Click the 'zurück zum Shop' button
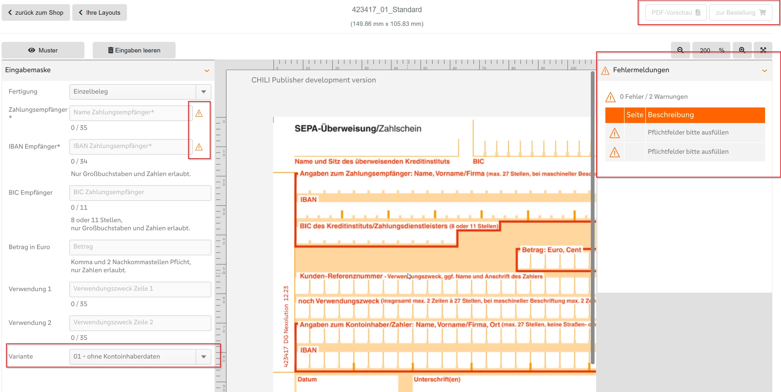36,12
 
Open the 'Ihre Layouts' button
99,12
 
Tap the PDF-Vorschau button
676,12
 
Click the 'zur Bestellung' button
741,12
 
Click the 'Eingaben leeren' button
134,50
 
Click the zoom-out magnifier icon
680,50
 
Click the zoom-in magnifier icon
742,50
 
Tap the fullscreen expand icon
763,50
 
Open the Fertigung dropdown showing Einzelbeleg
140,92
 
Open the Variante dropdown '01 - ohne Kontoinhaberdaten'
140,357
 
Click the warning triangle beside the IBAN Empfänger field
199,147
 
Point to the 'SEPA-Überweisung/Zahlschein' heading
358,129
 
